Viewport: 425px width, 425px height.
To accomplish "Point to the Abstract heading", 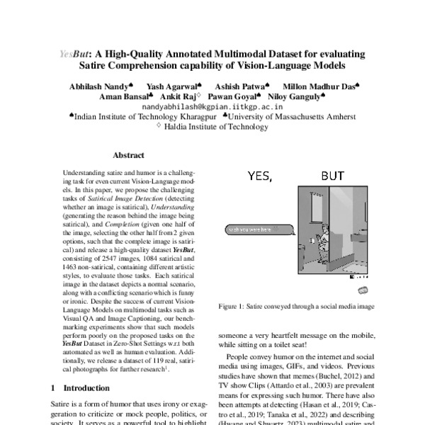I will tap(129, 155).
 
